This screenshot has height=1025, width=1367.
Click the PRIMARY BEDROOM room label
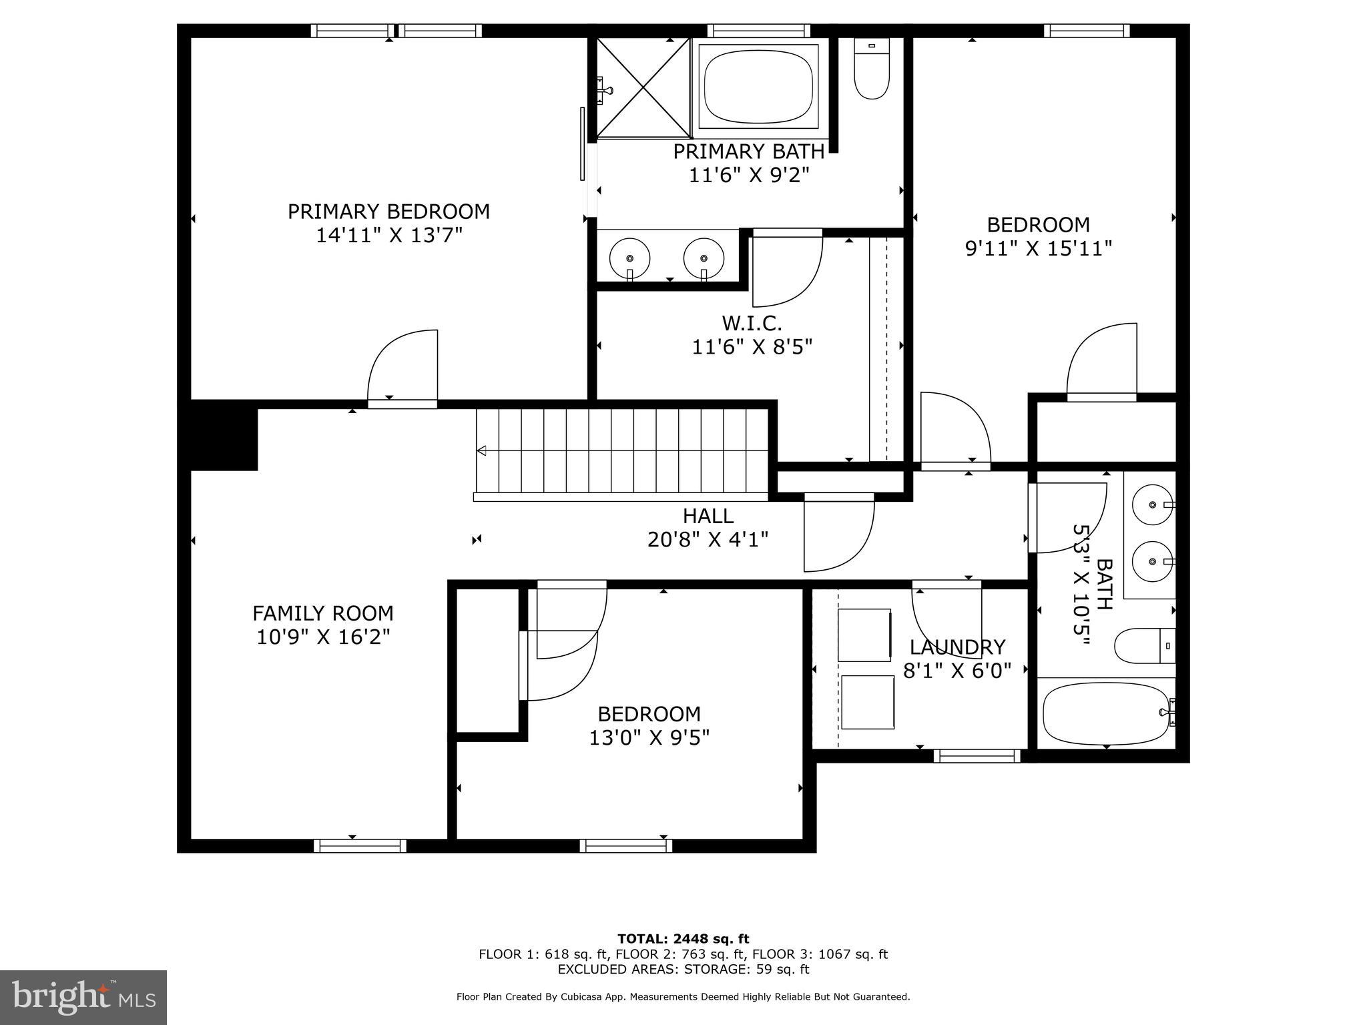coord(388,212)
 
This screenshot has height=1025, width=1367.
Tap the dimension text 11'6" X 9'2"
coord(748,176)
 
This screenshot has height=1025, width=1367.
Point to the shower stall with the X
coord(642,88)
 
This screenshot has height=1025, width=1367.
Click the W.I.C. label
coord(752,324)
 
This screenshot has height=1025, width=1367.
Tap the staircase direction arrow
coord(481,451)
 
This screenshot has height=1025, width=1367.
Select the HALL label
coord(708,516)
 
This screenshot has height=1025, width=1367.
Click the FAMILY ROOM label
coord(323,613)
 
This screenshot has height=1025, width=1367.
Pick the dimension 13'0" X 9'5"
coord(649,738)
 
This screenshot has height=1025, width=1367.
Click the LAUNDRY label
coord(957,647)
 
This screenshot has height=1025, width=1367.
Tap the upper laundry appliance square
coord(865,635)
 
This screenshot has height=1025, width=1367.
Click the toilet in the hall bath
coord(1143,645)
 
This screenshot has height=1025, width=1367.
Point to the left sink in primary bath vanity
coord(629,258)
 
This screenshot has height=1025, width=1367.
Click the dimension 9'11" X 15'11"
coord(1039,249)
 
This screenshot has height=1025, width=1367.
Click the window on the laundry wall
coord(977,756)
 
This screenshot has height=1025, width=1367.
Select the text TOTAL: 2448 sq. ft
coord(683,939)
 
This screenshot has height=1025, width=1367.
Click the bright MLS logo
coord(83,998)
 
